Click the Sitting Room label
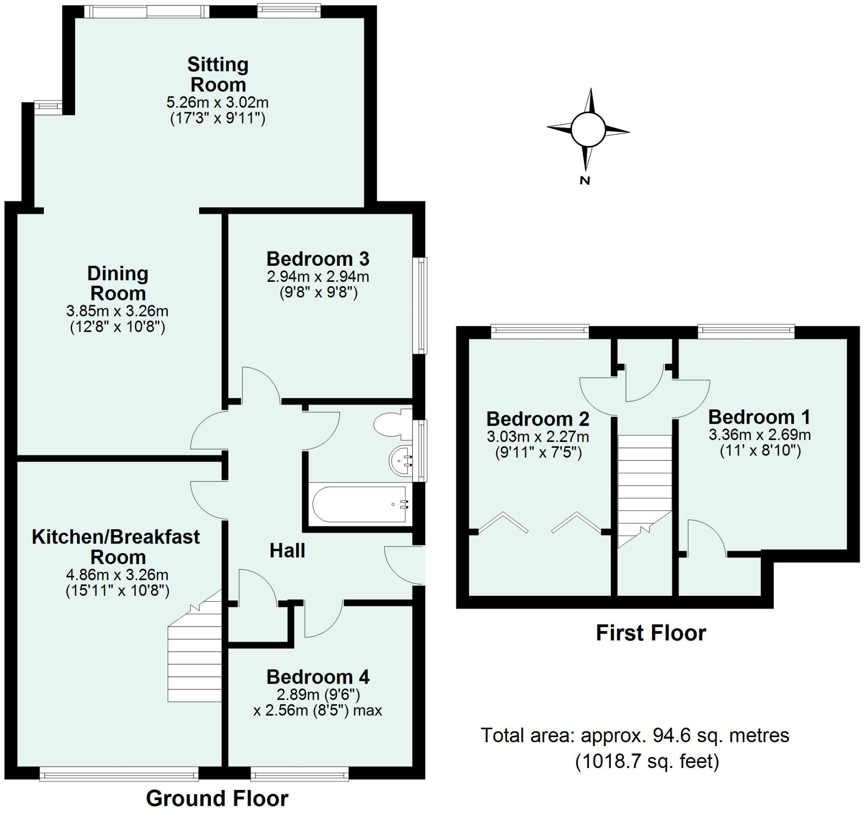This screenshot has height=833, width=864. coord(218,74)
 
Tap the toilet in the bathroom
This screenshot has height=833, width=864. coord(390,424)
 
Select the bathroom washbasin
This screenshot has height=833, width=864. coord(401,461)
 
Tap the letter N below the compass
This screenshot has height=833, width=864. coord(585,180)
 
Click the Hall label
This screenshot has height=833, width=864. coord(287,551)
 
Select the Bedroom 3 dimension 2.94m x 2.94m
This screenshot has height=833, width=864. coord(318,276)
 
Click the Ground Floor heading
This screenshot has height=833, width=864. coord(217,798)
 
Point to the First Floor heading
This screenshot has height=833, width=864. coord(651,633)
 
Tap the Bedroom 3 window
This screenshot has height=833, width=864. coord(422,305)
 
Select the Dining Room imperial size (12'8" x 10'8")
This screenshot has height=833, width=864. coord(117,327)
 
